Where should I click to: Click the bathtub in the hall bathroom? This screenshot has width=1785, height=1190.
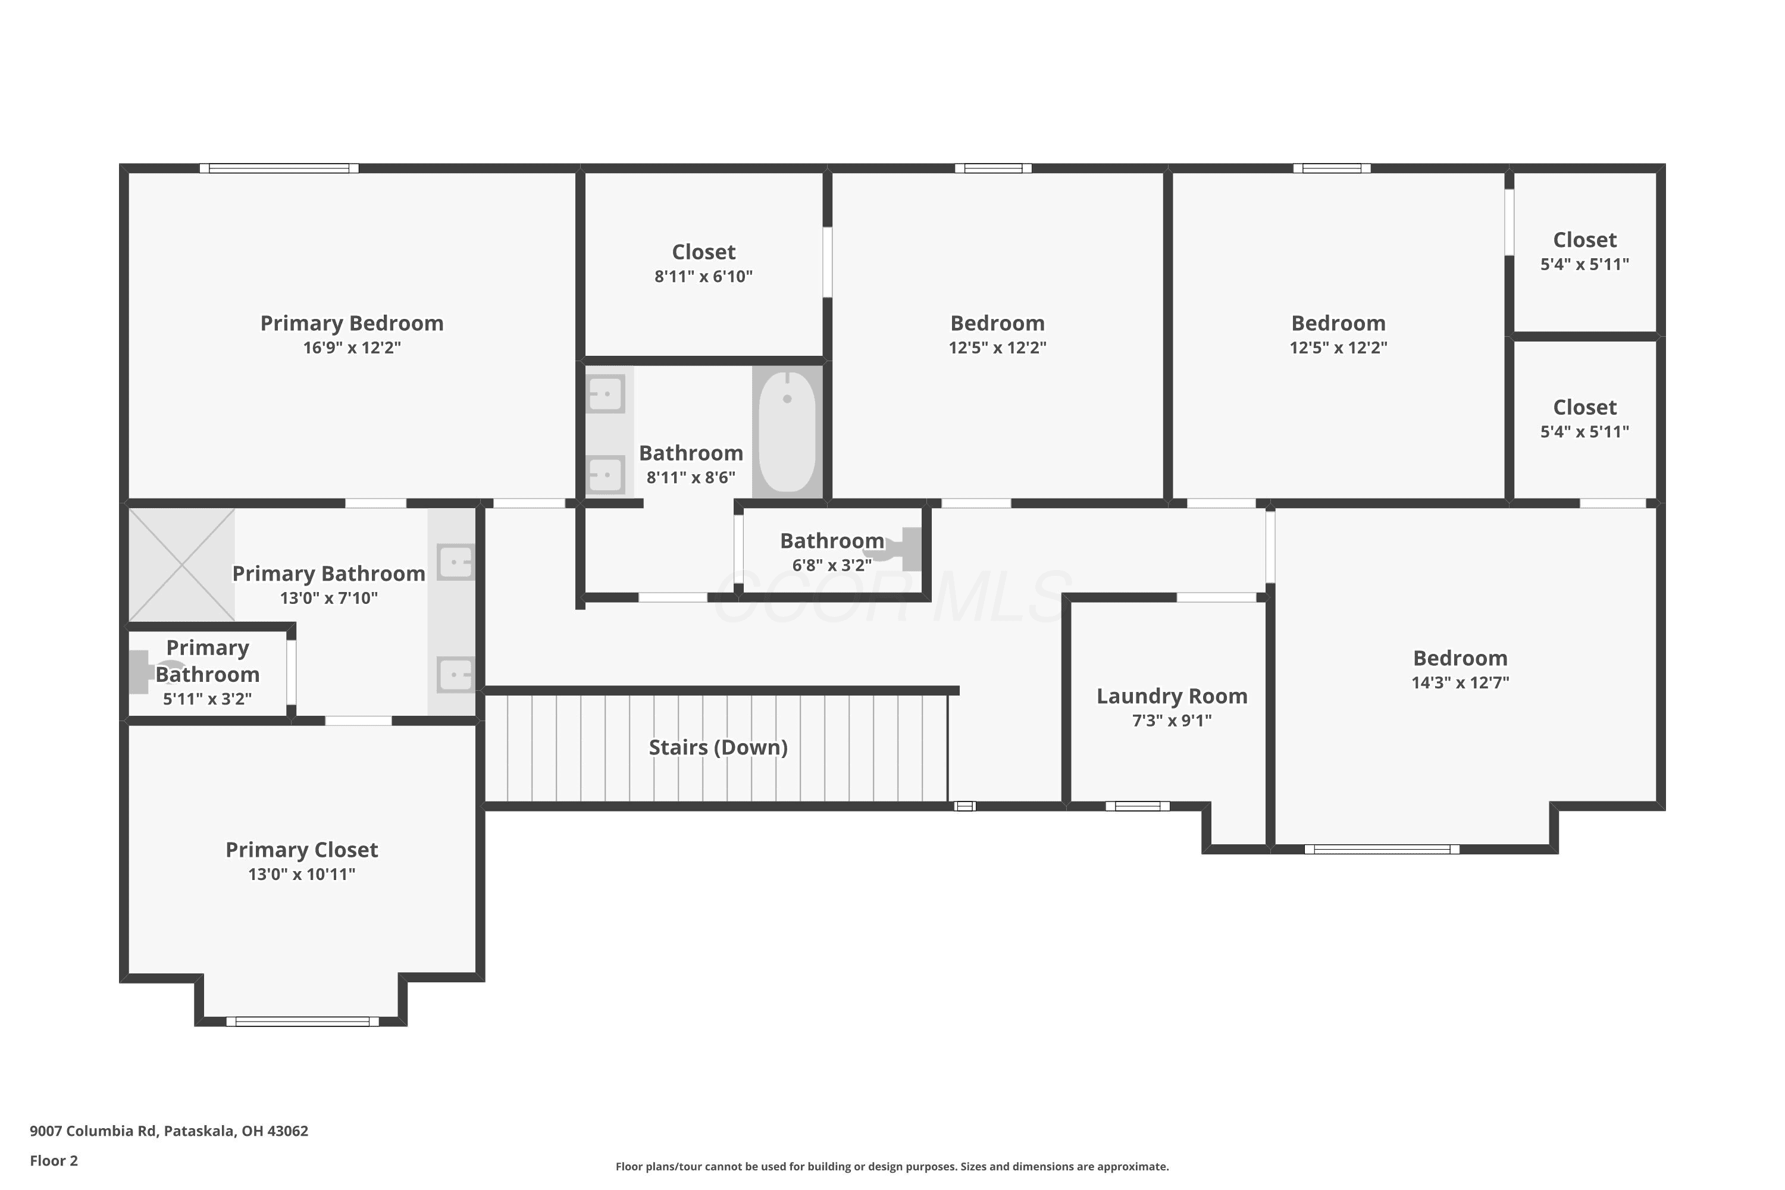pyautogui.click(x=787, y=431)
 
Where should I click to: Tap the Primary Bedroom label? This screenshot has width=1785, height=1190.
pyautogui.click(x=352, y=323)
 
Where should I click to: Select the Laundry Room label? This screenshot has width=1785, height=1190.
pyautogui.click(x=1172, y=696)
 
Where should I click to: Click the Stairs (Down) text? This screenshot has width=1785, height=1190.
pyautogui.click(x=718, y=747)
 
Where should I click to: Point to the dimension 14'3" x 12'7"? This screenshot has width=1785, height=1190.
pyautogui.click(x=1460, y=682)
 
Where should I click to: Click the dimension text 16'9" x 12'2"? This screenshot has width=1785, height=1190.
pyautogui.click(x=352, y=347)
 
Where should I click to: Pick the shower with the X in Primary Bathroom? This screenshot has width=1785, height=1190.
pyautogui.click(x=181, y=565)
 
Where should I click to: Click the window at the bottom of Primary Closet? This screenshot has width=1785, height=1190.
pyautogui.click(x=302, y=1022)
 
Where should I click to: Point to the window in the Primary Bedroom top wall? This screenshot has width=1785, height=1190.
pyautogui.click(x=279, y=168)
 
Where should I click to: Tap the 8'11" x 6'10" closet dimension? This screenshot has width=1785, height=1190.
pyautogui.click(x=703, y=276)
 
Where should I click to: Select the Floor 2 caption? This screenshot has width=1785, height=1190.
pyautogui.click(x=54, y=1160)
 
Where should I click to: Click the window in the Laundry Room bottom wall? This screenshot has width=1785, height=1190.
pyautogui.click(x=1137, y=806)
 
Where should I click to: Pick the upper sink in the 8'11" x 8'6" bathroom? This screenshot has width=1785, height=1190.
pyautogui.click(x=606, y=394)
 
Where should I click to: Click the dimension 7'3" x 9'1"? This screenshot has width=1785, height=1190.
pyautogui.click(x=1172, y=720)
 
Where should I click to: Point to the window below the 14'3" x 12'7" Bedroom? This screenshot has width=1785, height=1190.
pyautogui.click(x=1381, y=849)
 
